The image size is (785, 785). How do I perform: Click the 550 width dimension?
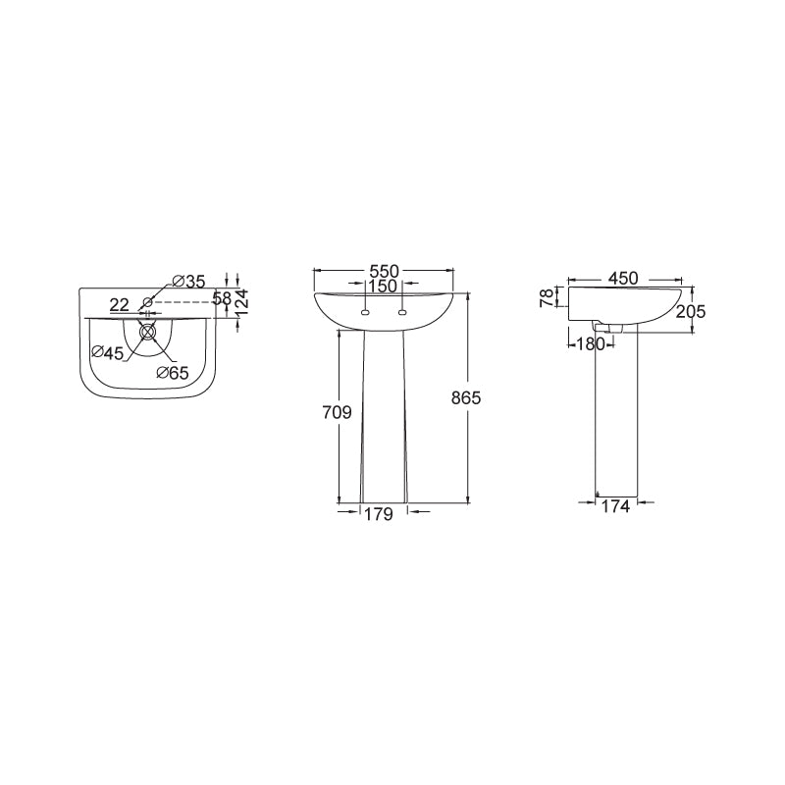pos(384,272)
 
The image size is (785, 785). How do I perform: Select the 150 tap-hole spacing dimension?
pos(383,287)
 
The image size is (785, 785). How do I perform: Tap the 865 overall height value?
pos(465,398)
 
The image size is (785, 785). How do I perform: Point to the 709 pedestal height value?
pos(337,412)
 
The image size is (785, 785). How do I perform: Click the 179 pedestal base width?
pos(379,514)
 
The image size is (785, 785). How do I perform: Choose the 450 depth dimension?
pos(623,279)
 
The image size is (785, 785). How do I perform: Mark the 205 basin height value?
pos(691,311)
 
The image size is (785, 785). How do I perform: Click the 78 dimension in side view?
pos(549,297)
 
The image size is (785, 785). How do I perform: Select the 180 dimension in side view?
pos(591,344)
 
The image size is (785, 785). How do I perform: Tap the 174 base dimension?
pos(615,506)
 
